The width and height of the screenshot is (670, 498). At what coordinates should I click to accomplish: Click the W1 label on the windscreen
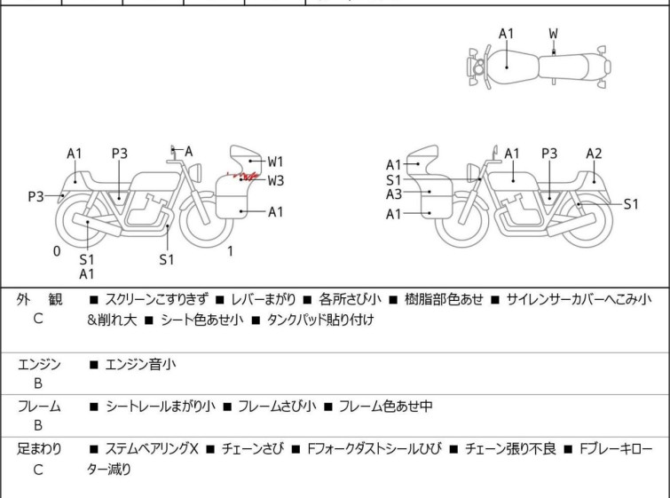pyautogui.click(x=276, y=162)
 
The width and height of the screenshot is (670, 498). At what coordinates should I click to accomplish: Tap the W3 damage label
pyautogui.click(x=276, y=180)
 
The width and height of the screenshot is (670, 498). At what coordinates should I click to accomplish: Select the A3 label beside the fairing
pyautogui.click(x=394, y=194)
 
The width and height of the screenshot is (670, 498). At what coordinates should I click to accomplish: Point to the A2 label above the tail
pyautogui.click(x=594, y=154)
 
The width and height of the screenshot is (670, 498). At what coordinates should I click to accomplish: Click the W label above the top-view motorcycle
pyautogui.click(x=554, y=34)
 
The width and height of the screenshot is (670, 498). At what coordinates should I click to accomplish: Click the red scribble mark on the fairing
pyautogui.click(x=240, y=178)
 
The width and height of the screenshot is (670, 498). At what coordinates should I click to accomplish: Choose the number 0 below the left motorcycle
pyautogui.click(x=57, y=251)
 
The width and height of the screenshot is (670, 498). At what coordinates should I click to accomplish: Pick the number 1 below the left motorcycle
pyautogui.click(x=230, y=251)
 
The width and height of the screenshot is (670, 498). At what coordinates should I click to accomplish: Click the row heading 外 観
pyautogui.click(x=38, y=300)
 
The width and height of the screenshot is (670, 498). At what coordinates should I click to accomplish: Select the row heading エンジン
pyautogui.click(x=38, y=364)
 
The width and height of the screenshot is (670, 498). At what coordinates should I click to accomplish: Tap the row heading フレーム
pyautogui.click(x=38, y=407)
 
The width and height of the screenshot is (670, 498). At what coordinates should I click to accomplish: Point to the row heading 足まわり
pyautogui.click(x=38, y=449)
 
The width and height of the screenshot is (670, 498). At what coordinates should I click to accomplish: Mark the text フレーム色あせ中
pyautogui.click(x=377, y=407)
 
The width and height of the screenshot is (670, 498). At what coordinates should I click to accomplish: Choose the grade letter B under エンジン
pyautogui.click(x=38, y=384)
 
